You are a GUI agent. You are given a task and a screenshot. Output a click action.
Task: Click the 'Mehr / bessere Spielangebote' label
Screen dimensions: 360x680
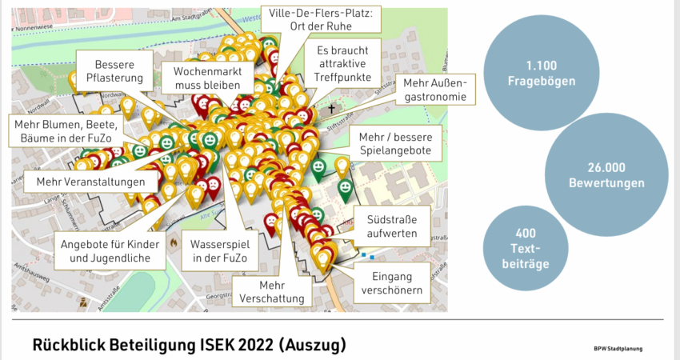point(394,143)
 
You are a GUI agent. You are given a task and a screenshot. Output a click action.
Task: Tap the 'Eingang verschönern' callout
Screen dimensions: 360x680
point(392,283)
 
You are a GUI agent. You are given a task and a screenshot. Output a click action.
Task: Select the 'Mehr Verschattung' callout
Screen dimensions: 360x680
point(271,291)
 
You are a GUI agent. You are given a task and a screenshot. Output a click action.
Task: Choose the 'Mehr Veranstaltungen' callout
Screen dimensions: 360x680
point(85,182)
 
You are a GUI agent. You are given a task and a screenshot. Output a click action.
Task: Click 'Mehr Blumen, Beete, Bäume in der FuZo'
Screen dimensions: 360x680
point(67,133)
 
